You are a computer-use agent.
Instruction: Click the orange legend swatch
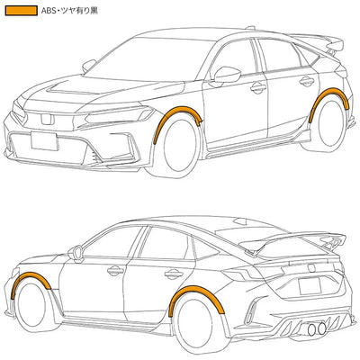22,11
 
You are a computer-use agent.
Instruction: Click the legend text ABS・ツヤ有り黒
69,11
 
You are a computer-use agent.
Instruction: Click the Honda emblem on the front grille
48,120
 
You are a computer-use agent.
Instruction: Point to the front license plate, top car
44,141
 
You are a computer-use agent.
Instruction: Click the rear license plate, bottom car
310,286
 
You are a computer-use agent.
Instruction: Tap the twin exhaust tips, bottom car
317,328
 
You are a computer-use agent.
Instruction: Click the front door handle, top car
258,88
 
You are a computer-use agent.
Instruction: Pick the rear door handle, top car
307,81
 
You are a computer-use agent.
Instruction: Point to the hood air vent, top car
75,88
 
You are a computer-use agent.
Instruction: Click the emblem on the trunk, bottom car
311,266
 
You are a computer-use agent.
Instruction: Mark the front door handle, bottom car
115,271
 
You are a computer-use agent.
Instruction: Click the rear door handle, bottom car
174,274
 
